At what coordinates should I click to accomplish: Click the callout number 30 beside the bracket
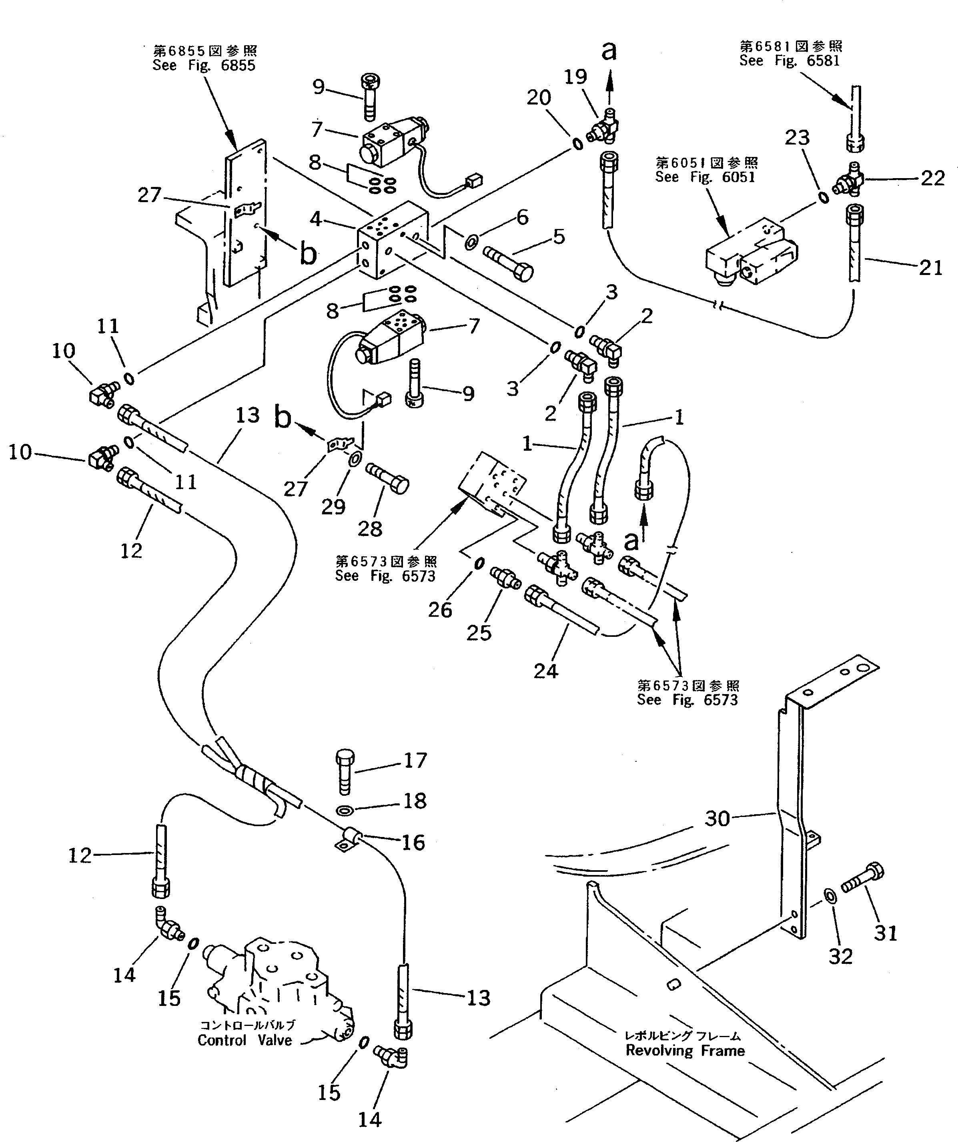[717, 833]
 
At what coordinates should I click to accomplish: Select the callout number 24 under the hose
[545, 670]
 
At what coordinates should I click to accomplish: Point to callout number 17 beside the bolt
[415, 760]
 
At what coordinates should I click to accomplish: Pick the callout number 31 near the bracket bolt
[885, 933]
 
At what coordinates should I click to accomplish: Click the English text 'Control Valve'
[245, 1040]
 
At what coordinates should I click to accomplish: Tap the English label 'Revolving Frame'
[685, 1050]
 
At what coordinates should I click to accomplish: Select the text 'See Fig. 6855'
[204, 65]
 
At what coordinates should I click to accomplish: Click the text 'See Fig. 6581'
[790, 60]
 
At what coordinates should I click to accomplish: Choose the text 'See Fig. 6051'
[705, 177]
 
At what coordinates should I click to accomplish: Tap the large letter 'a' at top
[609, 52]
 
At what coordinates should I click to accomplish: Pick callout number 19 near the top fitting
[575, 77]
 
